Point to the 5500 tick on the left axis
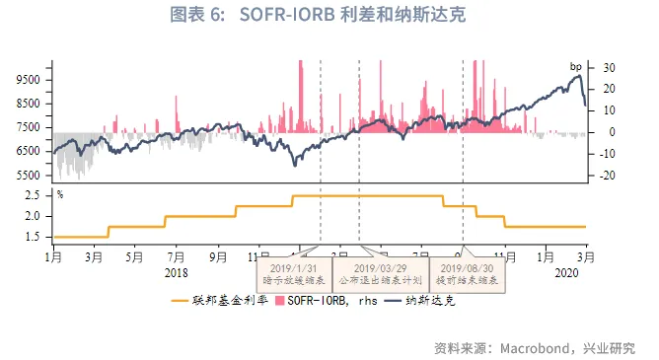[29, 176]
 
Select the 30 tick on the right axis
[609, 67]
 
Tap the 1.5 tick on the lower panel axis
[34, 237]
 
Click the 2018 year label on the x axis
[177, 271]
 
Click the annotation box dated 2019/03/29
[380, 273]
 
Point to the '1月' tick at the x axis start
[53, 254]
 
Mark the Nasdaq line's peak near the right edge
[578, 77]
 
